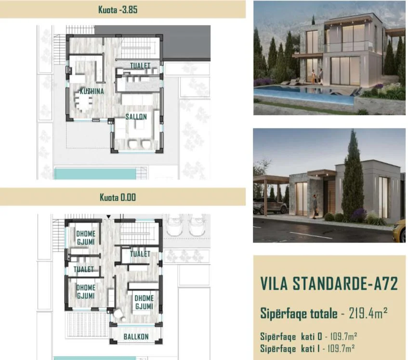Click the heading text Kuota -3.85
tap(118, 10)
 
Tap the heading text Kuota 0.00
tap(118, 197)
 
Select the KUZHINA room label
tap(92, 91)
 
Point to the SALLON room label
tap(136, 116)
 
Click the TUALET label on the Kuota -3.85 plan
tap(140, 66)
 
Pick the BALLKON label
tap(136, 336)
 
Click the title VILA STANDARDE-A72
tap(329, 283)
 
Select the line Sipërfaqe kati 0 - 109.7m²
tap(309, 336)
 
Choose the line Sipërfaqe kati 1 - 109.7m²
tap(307, 348)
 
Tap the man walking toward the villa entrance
tap(316, 206)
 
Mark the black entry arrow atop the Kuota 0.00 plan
tap(109, 217)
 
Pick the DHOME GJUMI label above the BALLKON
tap(144, 302)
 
